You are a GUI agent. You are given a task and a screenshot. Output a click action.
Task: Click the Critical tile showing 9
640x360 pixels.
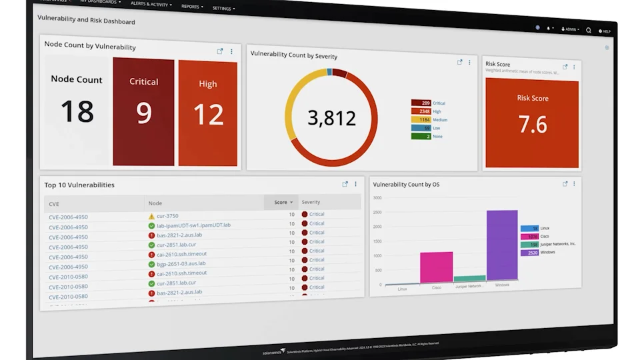[x=143, y=111]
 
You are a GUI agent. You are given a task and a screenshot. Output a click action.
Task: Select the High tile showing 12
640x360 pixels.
[x=208, y=113]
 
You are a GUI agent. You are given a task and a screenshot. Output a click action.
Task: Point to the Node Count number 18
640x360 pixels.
[x=77, y=111]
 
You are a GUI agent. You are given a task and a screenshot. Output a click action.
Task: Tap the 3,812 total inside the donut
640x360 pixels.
[x=331, y=118]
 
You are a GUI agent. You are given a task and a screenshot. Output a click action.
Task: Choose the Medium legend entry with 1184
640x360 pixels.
[x=429, y=120]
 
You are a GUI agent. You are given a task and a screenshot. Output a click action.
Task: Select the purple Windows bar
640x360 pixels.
[x=502, y=245]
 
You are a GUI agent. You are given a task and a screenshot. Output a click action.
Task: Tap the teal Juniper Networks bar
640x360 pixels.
[x=469, y=279]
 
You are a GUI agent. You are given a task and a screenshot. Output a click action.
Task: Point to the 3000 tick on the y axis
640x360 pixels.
[x=377, y=198]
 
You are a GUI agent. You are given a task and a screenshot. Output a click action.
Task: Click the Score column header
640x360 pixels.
[x=283, y=202]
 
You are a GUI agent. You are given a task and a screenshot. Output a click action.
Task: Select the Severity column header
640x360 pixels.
[x=311, y=202]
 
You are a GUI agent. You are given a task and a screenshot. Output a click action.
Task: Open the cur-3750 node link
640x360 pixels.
[x=167, y=216]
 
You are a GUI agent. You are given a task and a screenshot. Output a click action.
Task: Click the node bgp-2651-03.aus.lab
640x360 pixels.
[x=181, y=264]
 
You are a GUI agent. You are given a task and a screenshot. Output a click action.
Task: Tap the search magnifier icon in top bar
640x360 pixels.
[x=589, y=30]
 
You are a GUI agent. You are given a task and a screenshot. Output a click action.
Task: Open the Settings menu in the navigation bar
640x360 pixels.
[x=223, y=9]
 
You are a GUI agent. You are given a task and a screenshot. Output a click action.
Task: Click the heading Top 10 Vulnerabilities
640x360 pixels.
[x=79, y=185]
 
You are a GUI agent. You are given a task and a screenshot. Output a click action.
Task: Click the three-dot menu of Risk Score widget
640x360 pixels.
[x=574, y=67]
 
